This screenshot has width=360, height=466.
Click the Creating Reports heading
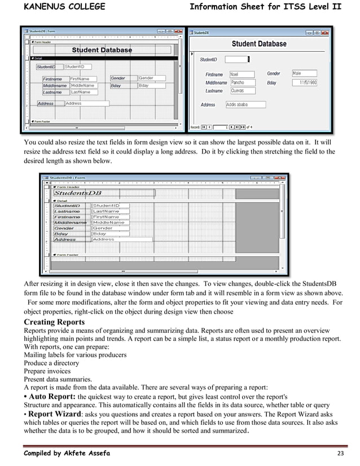pyautogui.click(x=55, y=323)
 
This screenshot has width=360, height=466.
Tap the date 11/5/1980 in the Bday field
pyautogui.click(x=308, y=82)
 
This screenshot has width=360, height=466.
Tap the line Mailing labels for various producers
pyautogui.click(x=75, y=355)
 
